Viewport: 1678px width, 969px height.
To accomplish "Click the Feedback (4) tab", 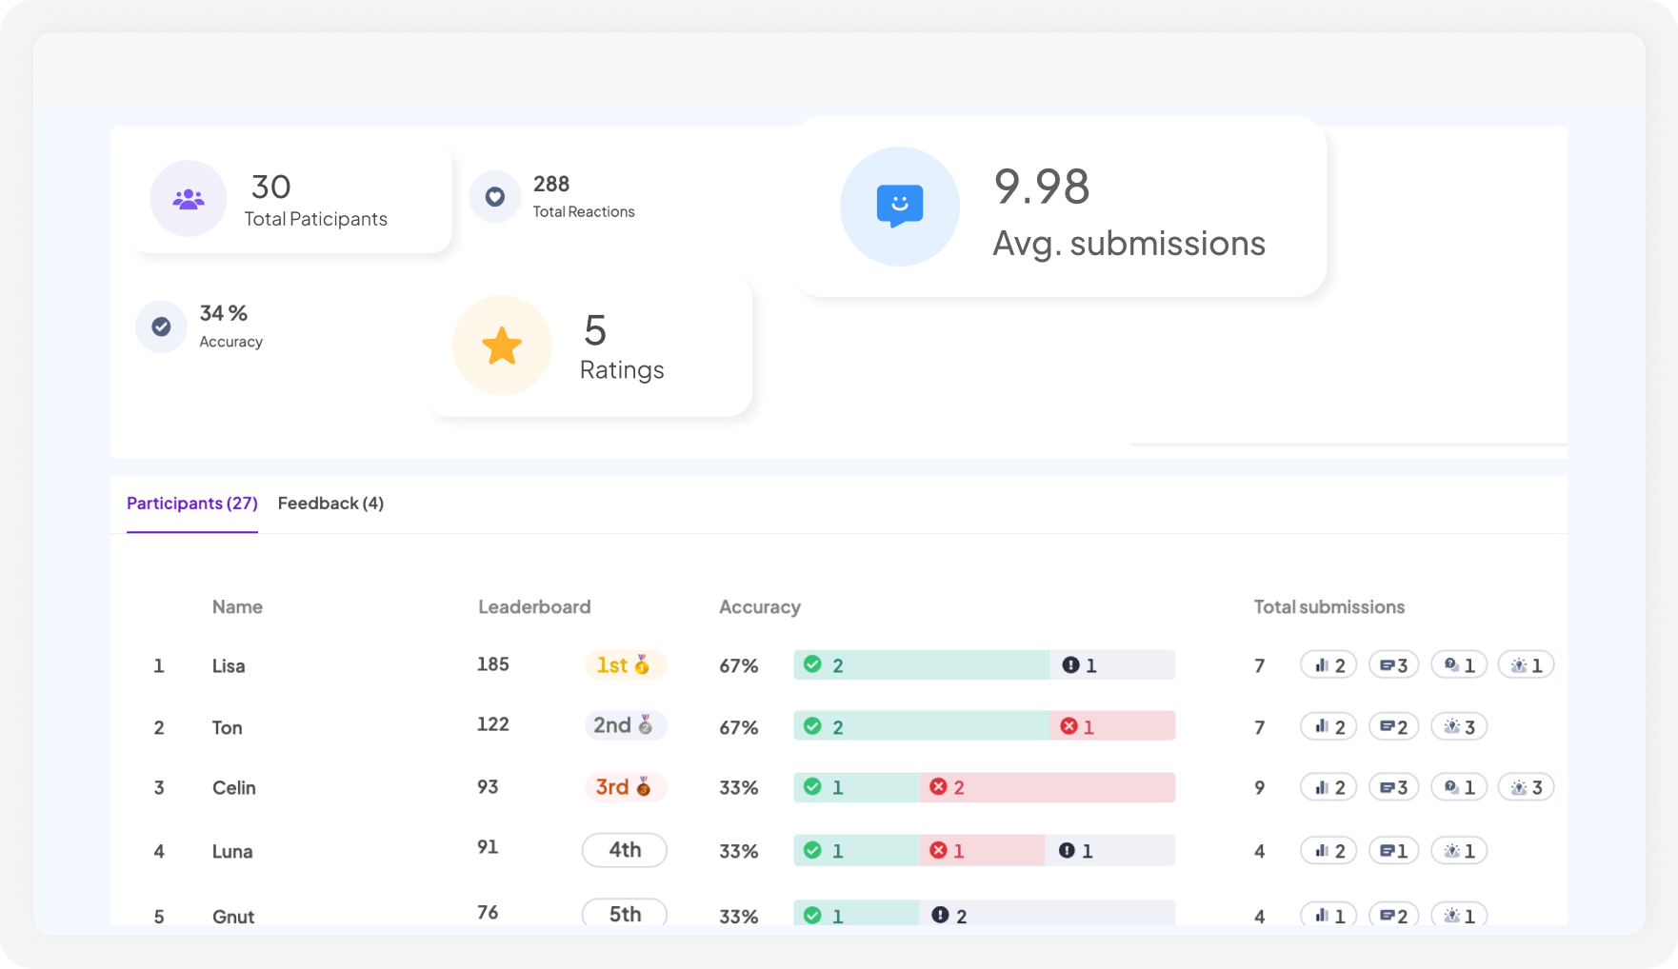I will tap(330, 504).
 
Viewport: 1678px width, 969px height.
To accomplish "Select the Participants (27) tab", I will tap(192, 504).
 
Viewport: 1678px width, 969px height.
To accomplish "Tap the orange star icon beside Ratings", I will tap(502, 346).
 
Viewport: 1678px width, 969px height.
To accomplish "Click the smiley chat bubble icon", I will tap(899, 206).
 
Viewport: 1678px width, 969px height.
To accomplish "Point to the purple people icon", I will tap(189, 199).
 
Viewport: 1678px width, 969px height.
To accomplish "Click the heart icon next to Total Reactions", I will tap(495, 197).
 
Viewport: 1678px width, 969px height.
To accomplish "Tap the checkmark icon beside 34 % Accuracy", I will tap(162, 326).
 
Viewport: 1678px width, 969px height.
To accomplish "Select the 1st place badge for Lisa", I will tap(625, 664).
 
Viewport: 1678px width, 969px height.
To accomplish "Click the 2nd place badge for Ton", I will tap(625, 725).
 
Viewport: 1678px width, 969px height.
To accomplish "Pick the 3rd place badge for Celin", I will tap(625, 787).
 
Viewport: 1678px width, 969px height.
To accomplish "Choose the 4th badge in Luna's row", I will tap(625, 850).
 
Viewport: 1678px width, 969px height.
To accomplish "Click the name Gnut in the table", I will tap(233, 916).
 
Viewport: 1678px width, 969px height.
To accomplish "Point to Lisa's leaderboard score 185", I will tap(493, 664).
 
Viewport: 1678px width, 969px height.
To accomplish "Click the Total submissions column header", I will tap(1328, 607).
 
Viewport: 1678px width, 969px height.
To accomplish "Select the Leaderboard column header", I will tap(534, 607).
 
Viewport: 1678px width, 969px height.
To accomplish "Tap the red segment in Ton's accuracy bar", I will tap(1112, 726).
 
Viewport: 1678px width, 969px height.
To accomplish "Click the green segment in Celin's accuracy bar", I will tap(856, 787).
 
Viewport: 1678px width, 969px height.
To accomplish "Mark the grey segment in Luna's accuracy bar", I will tap(1109, 850).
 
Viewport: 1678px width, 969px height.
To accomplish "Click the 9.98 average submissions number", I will tap(1042, 187).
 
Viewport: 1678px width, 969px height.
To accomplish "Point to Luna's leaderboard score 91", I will tap(488, 847).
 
